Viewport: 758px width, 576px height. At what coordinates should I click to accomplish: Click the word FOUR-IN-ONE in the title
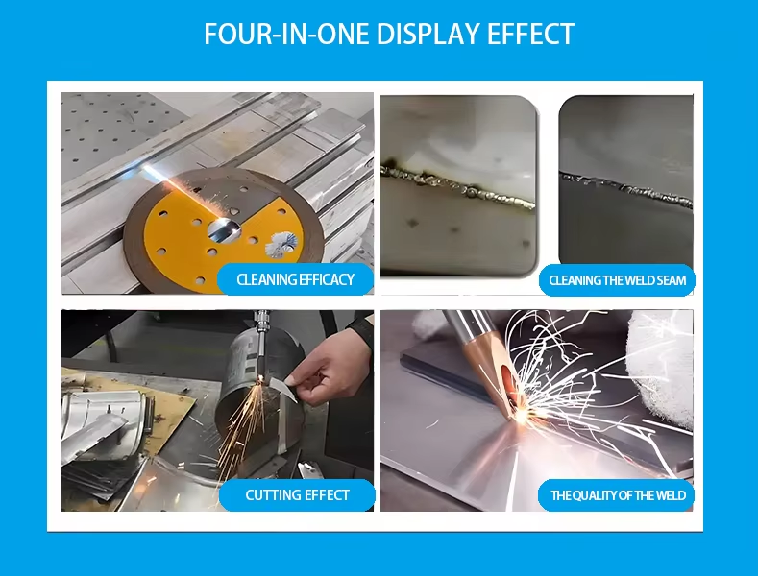click(x=286, y=34)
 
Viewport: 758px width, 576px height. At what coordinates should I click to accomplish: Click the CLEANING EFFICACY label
click(x=295, y=279)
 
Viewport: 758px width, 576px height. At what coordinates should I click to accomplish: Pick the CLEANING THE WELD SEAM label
click(x=618, y=280)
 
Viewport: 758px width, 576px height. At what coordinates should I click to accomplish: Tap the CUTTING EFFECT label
click(x=297, y=494)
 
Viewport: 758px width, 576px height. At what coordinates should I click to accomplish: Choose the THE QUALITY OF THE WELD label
click(x=619, y=495)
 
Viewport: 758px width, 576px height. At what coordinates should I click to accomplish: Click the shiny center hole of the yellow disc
click(x=224, y=230)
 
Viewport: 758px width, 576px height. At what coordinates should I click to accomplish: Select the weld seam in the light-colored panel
click(x=458, y=186)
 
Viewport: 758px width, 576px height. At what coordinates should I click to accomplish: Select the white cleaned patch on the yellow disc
click(x=280, y=244)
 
